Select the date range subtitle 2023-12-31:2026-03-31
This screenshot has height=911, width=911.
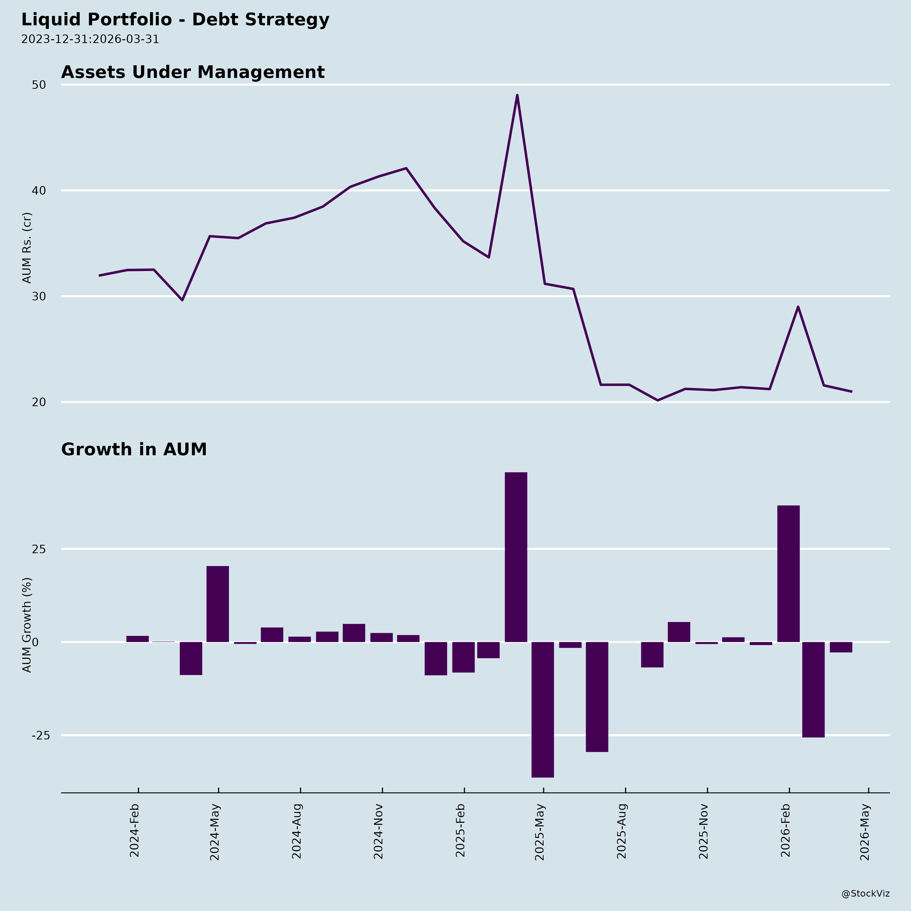tap(90, 39)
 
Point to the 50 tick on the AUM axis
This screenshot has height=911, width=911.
tap(39, 85)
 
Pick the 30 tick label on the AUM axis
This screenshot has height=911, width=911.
tap(39, 296)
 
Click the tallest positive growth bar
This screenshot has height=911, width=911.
tap(516, 556)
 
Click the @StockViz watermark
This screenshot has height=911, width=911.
tap(866, 894)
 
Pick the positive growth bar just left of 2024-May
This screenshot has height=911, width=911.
tap(218, 604)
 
